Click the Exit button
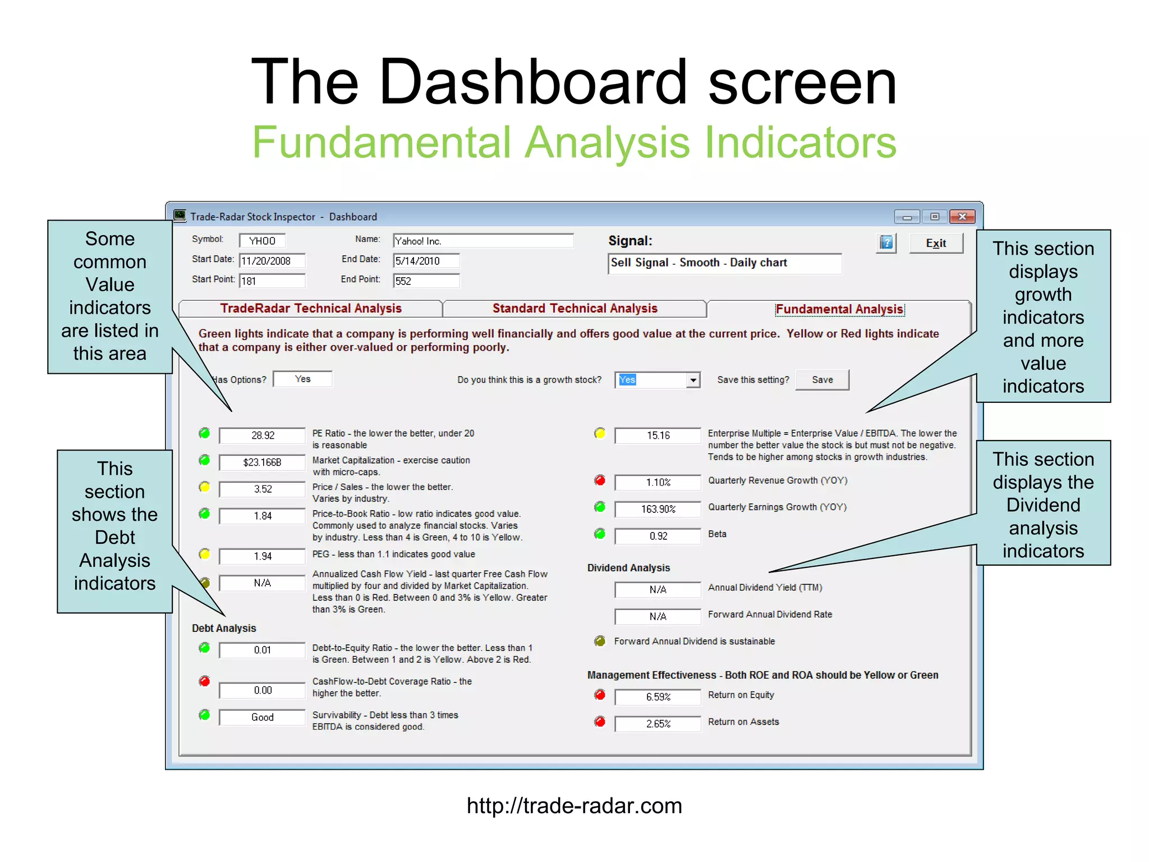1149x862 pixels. tap(935, 243)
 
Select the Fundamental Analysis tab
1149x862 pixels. tap(839, 309)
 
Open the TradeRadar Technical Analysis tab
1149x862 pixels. tap(310, 308)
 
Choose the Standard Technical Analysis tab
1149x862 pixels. tap(574, 308)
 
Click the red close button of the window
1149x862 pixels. tap(962, 217)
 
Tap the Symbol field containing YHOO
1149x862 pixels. tap(262, 241)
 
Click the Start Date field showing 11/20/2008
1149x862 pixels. tap(272, 261)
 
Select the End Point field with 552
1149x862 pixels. tap(426, 281)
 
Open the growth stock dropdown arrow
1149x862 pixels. tap(693, 380)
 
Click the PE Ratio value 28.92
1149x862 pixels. tap(262, 435)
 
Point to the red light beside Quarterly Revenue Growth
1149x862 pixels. tap(600, 480)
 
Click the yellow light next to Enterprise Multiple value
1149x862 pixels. tap(600, 433)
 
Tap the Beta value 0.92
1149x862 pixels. tap(658, 536)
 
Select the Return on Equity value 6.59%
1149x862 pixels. tap(658, 697)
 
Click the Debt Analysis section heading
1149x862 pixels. tap(224, 628)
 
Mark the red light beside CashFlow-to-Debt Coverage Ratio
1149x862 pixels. tap(204, 681)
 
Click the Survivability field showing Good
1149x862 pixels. tap(262, 717)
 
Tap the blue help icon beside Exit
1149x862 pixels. tap(886, 243)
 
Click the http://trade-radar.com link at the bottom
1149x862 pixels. tap(574, 806)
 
